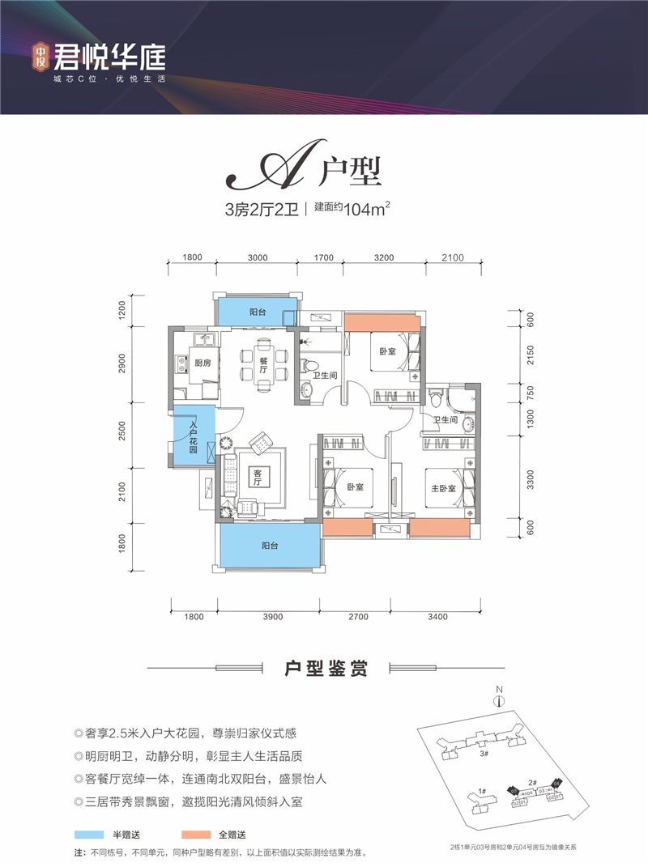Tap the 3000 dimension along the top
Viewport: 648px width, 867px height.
(258, 258)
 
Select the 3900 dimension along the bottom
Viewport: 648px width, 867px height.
(272, 618)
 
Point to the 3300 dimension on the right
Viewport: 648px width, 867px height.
(530, 481)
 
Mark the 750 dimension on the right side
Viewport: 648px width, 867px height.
(530, 392)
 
